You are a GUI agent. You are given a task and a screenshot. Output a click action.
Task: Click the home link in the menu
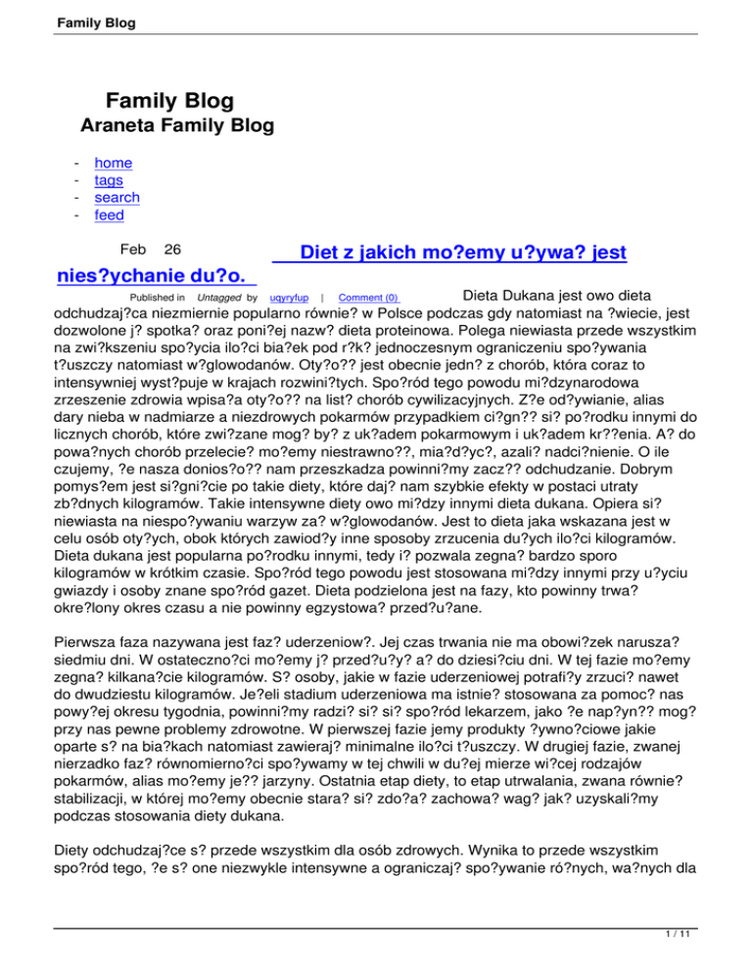tap(113, 163)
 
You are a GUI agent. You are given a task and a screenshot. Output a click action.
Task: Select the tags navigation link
tap(109, 181)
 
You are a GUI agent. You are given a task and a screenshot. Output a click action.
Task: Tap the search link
tap(117, 198)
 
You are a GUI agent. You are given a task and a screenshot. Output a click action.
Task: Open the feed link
tap(109, 215)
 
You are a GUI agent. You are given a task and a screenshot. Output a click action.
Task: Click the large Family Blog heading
tap(169, 100)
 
